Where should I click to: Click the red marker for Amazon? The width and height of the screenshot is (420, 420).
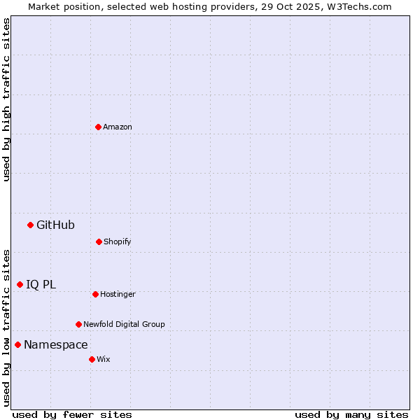click(98, 127)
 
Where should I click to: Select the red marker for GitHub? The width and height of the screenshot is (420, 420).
click(30, 225)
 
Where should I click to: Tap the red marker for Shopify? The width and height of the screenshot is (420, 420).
click(99, 241)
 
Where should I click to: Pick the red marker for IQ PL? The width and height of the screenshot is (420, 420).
click(20, 284)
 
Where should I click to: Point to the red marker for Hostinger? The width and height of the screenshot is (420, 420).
click(95, 294)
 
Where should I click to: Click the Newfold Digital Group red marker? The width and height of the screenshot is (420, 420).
click(78, 324)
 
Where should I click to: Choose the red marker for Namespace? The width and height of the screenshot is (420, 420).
click(17, 344)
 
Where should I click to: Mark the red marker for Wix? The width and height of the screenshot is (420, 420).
click(92, 359)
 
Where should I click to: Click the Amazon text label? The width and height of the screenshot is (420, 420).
click(118, 127)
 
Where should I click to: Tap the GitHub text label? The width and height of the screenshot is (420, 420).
click(55, 225)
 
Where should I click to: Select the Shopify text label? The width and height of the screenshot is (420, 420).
click(118, 241)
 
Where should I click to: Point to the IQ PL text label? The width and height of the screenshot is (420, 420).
click(41, 284)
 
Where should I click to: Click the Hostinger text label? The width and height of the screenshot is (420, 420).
click(118, 294)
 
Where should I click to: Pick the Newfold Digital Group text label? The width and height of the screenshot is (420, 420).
click(124, 324)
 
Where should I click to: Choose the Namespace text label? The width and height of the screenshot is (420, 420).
click(55, 344)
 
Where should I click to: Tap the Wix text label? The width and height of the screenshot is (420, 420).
click(104, 359)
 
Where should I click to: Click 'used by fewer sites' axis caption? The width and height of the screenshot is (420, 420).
click(72, 414)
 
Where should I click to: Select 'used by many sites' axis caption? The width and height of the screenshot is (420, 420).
click(351, 414)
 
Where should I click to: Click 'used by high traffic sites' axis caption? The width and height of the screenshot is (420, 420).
click(6, 99)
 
